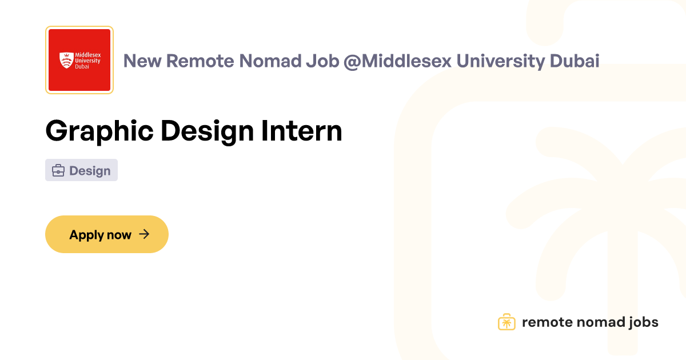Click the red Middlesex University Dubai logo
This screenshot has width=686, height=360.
coord(79,60)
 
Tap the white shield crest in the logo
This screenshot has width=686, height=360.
coord(66,60)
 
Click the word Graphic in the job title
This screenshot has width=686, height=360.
coord(99,131)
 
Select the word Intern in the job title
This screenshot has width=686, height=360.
coord(301,131)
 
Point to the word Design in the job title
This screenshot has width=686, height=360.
coord(207,131)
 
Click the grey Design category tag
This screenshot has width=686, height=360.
coord(81,170)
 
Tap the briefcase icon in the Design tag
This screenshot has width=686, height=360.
coord(58,170)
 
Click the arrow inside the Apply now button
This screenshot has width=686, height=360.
coord(144,234)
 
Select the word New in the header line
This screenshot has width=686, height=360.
coord(142,61)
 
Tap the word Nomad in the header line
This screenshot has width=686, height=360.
coord(270,61)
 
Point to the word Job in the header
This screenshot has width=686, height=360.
coord(322,61)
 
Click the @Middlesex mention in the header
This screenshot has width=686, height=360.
coord(397,61)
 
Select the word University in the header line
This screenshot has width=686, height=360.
coord(500,61)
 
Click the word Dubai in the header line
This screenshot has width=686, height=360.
coord(575,61)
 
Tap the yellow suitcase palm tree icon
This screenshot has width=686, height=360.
coord(506,322)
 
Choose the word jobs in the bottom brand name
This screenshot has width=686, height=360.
coord(644,323)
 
